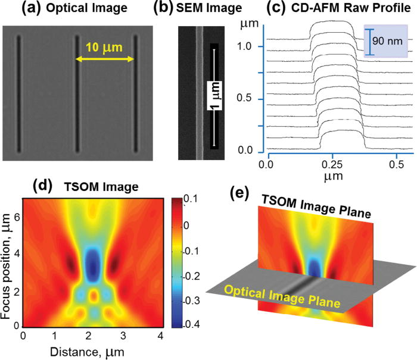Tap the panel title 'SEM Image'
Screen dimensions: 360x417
pyautogui.click(x=213, y=8)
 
